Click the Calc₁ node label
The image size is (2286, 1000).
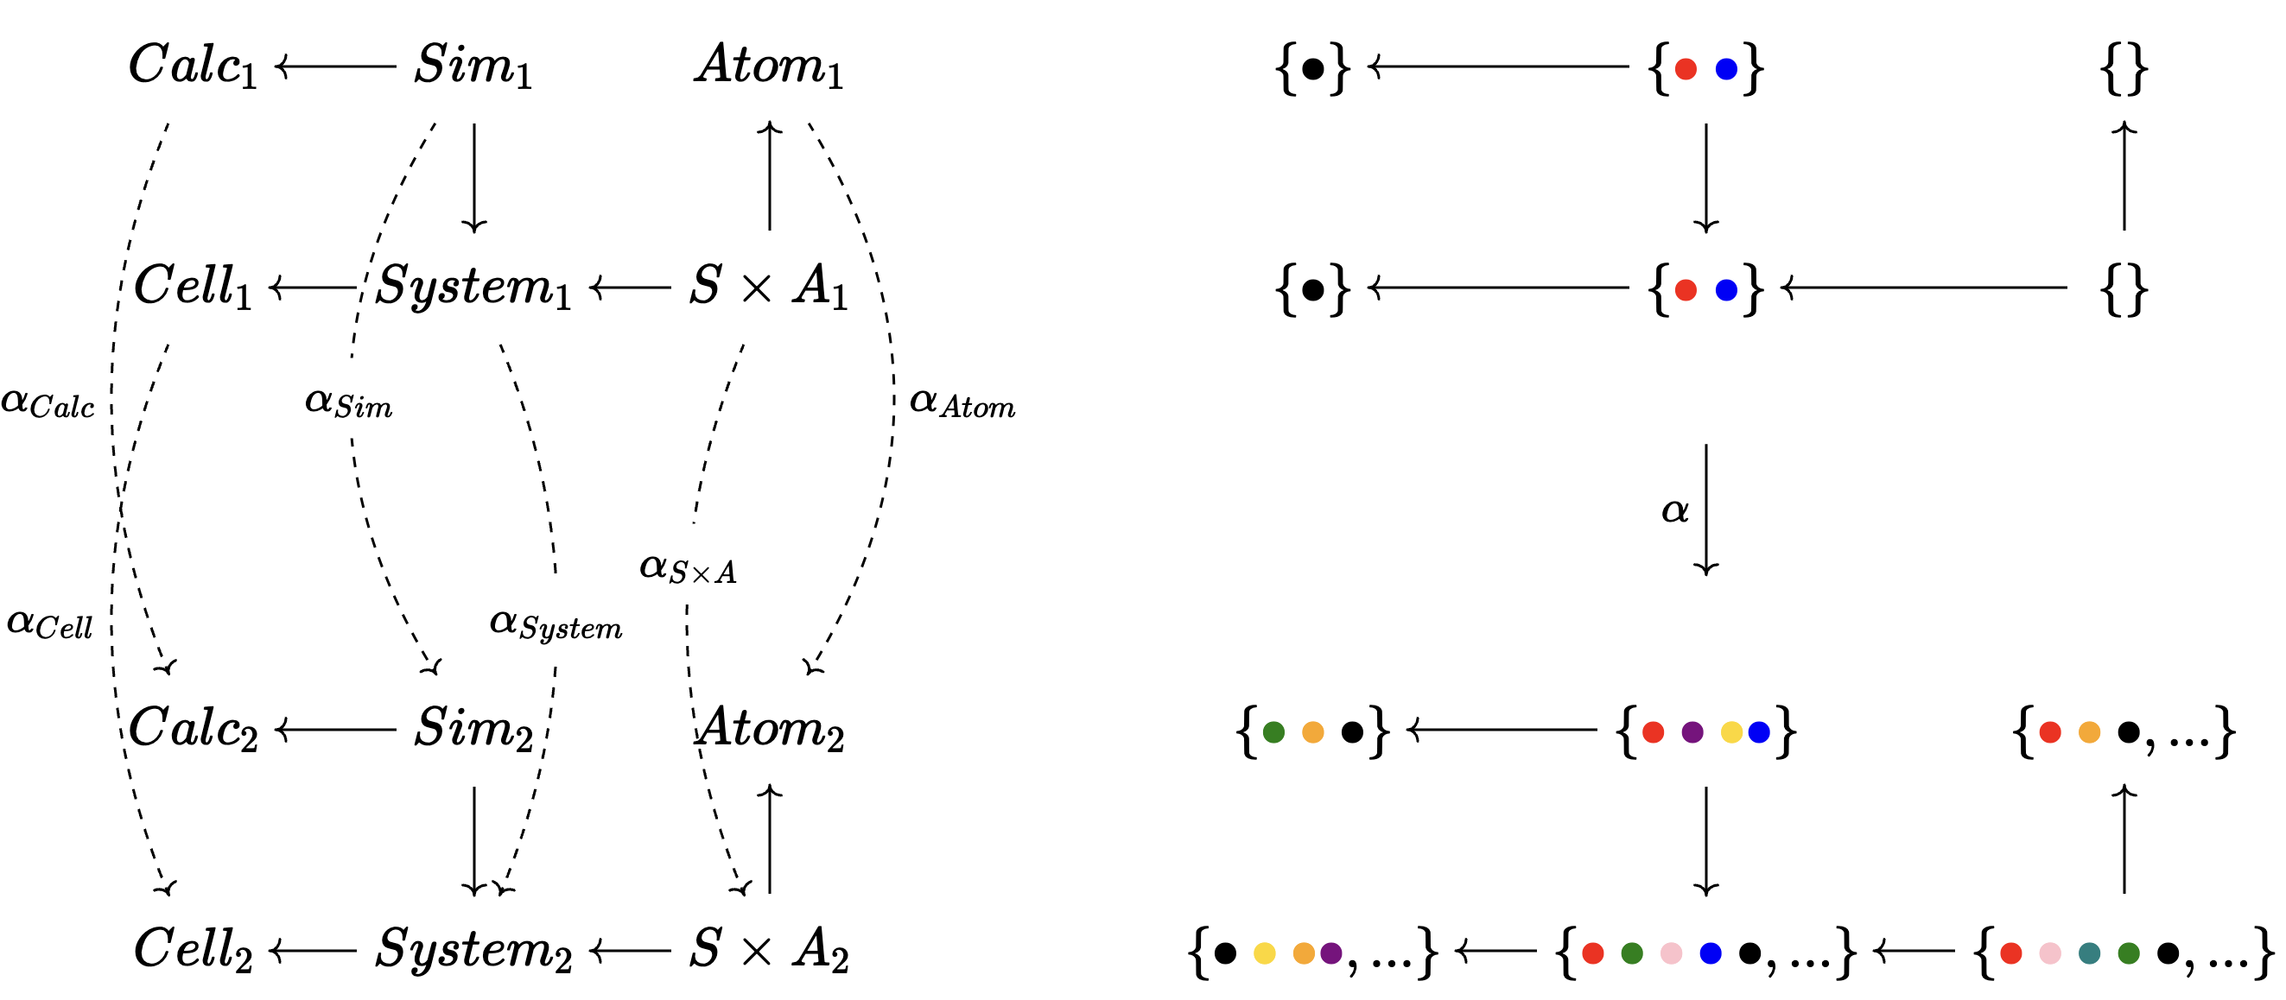(x=193, y=66)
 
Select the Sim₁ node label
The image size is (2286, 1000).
(x=473, y=66)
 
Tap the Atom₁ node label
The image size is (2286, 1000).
(x=769, y=66)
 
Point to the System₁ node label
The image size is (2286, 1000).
(x=473, y=287)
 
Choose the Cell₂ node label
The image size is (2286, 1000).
(x=193, y=949)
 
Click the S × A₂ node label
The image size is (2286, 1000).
(x=769, y=949)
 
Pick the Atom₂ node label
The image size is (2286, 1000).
(x=769, y=729)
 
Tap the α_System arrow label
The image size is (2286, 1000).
(x=556, y=623)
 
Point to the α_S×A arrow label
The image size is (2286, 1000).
(x=688, y=569)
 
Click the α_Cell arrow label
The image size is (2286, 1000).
(x=50, y=623)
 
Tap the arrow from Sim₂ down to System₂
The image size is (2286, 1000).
(x=474, y=839)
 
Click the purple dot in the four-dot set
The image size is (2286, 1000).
(x=1692, y=732)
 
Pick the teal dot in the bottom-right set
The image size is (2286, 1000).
(x=2090, y=953)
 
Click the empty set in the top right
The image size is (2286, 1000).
(x=2124, y=67)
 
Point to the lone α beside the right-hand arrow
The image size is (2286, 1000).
(x=1674, y=510)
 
